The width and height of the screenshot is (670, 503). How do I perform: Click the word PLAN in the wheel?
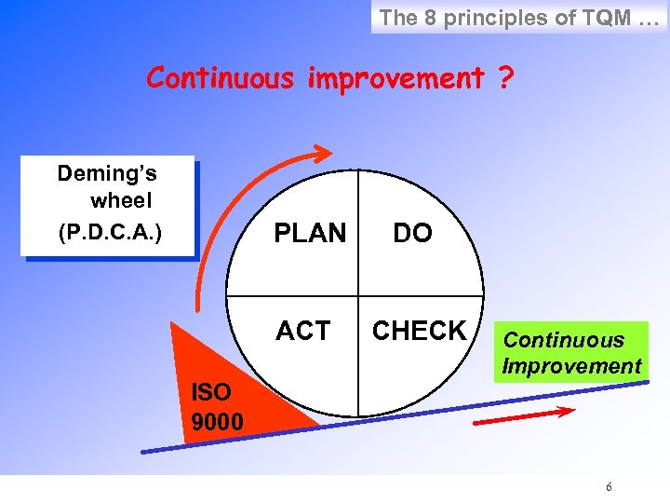click(309, 234)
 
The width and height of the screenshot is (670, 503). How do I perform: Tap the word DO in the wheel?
click(412, 234)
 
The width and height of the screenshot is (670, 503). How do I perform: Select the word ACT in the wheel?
click(302, 331)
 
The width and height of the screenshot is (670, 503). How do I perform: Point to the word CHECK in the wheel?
click(420, 331)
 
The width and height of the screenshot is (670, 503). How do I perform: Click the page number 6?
click(609, 487)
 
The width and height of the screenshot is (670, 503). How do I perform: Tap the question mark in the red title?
click(503, 78)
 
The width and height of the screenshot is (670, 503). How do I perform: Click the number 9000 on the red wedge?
click(217, 423)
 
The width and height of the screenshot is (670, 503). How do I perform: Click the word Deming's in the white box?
click(107, 173)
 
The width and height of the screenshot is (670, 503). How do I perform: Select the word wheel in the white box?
click(121, 201)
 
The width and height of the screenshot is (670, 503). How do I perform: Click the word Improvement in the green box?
click(571, 366)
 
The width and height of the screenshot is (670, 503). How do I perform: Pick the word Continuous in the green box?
click(563, 340)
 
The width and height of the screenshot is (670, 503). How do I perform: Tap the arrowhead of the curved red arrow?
click(322, 152)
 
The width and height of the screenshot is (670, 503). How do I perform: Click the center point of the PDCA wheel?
click(358, 293)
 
